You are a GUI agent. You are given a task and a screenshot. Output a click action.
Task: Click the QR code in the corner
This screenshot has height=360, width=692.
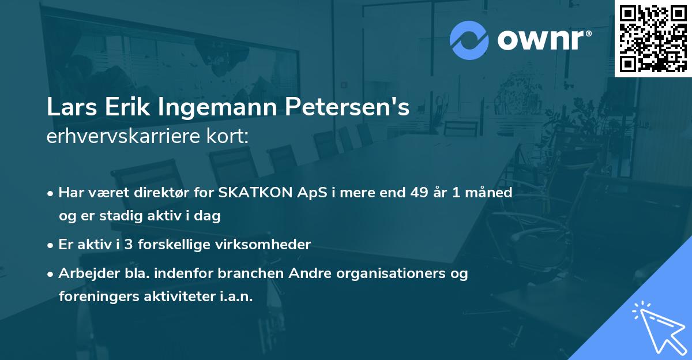[x=653, y=39]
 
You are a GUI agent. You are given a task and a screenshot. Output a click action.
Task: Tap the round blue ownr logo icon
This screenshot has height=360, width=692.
[x=469, y=40]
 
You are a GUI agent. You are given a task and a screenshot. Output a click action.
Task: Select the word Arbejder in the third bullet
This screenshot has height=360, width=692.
[x=85, y=273]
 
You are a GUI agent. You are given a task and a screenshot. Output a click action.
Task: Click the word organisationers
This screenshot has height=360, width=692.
[x=398, y=273]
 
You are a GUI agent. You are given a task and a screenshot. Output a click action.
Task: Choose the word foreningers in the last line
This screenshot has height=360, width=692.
[x=95, y=297]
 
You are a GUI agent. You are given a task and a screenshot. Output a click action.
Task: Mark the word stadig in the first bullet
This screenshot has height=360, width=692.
[x=114, y=216]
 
